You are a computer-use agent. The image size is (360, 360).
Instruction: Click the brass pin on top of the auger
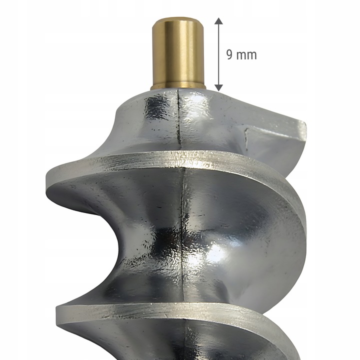click(x=178, y=53)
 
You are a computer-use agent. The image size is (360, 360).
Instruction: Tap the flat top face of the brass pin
click(x=178, y=19)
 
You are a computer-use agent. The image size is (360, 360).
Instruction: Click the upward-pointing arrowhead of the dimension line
click(x=219, y=20)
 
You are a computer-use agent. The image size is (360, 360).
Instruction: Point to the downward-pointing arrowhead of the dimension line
click(x=219, y=87)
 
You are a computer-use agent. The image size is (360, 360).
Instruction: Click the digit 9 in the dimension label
click(x=229, y=54)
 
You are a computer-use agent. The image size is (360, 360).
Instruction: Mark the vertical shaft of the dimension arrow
click(x=219, y=54)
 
